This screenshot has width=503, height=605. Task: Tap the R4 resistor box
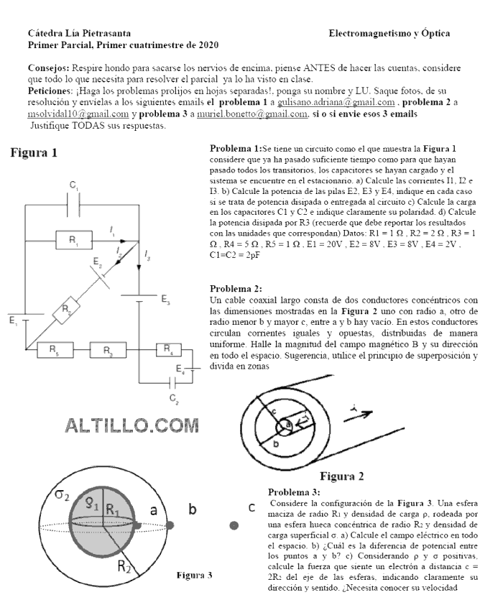pos(167,350)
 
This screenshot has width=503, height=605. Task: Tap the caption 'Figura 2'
pos(341,476)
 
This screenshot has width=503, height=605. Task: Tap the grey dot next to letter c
pos(234,526)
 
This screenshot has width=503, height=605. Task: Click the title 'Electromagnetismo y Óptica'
pos(389,33)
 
